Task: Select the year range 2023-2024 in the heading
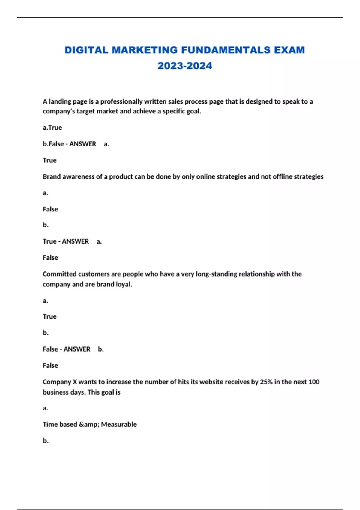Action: pos(185,66)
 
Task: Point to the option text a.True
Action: pos(52,127)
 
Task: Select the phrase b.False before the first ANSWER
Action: pos(53,144)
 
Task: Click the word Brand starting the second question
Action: pos(52,177)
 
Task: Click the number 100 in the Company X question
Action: pos(314,382)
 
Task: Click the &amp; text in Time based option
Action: pos(89,424)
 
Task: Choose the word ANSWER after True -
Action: pos(76,241)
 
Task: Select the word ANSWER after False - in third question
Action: pos(77,349)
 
